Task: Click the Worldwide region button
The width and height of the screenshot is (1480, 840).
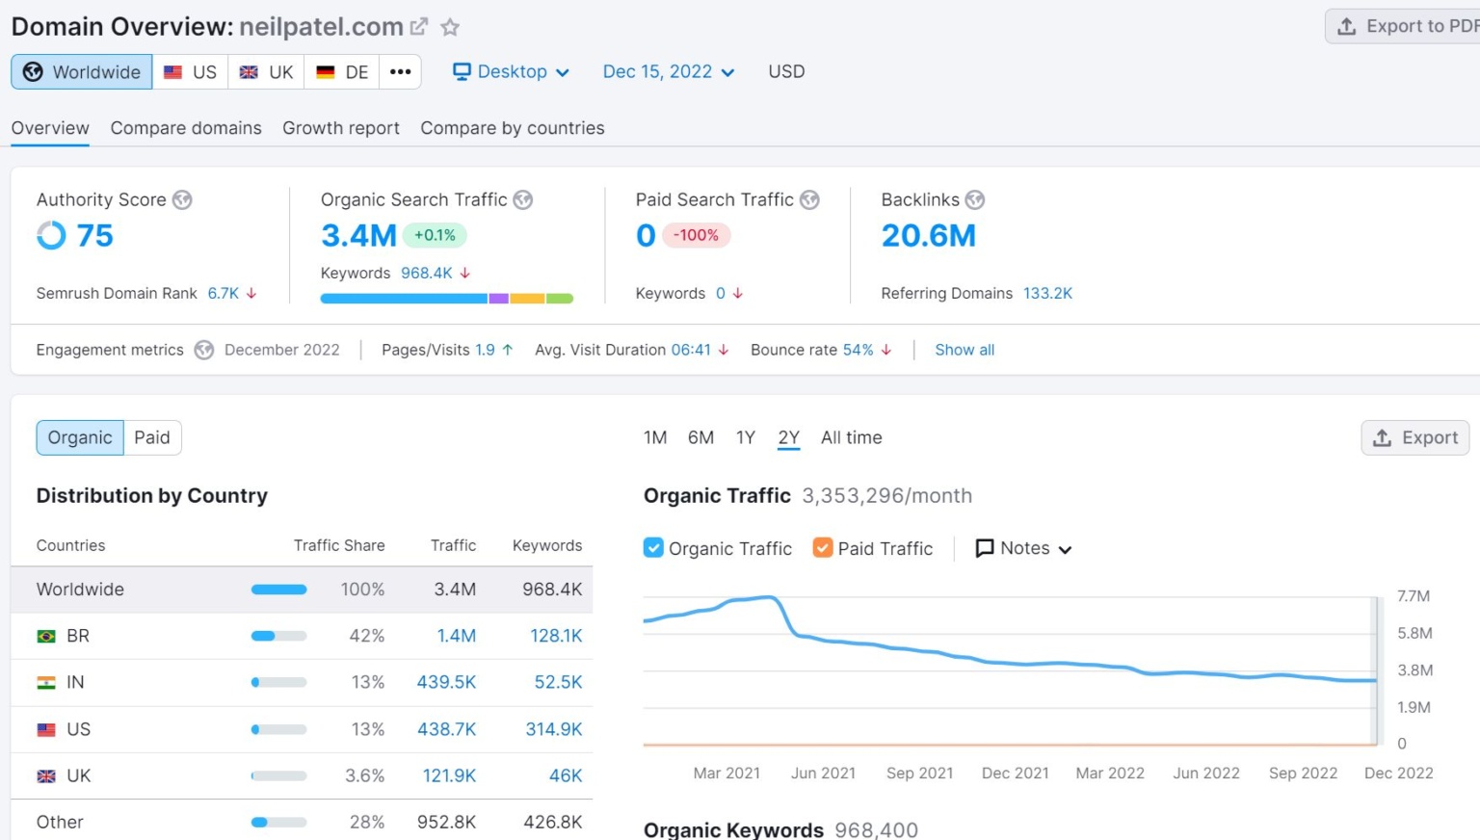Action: point(82,72)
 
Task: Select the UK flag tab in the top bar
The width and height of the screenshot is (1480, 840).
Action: point(266,72)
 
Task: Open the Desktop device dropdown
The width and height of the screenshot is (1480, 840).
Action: point(512,72)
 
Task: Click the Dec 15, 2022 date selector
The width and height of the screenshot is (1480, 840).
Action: point(668,72)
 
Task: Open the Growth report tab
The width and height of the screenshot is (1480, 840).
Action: point(340,128)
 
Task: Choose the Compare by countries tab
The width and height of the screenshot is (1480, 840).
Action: point(512,128)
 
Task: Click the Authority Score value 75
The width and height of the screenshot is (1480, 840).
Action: point(94,235)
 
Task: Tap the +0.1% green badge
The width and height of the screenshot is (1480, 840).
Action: point(435,235)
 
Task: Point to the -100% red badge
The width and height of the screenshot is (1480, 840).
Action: point(696,235)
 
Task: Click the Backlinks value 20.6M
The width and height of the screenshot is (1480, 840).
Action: point(928,235)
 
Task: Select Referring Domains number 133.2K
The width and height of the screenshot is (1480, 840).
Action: point(1047,294)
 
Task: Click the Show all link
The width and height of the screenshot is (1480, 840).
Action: point(964,350)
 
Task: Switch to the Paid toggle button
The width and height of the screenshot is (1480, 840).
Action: point(152,437)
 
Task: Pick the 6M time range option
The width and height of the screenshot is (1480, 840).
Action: point(700,437)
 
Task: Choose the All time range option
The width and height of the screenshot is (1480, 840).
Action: point(851,437)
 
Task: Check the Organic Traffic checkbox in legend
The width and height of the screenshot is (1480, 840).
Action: point(653,548)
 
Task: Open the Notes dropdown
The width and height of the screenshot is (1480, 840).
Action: point(1024,548)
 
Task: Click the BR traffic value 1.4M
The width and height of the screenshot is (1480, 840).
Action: point(456,636)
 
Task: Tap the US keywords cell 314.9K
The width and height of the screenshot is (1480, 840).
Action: point(553,729)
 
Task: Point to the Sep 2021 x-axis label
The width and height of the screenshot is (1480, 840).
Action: point(919,774)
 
